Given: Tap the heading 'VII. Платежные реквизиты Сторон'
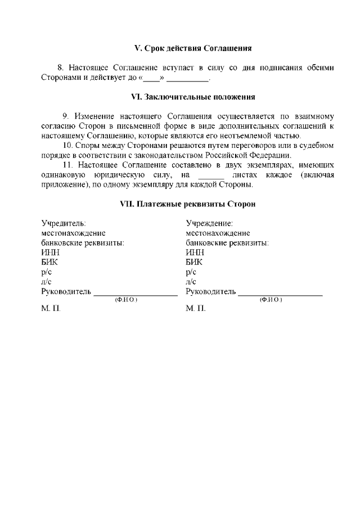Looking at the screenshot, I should (x=188, y=204).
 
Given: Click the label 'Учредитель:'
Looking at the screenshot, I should (x=64, y=223).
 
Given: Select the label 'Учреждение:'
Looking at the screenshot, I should (x=209, y=223).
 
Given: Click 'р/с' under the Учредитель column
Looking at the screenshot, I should (x=47, y=272).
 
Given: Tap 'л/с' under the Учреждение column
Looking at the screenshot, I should (x=191, y=281).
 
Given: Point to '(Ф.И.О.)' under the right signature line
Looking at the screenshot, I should (x=271, y=300).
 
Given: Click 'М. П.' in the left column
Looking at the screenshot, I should (x=51, y=309).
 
